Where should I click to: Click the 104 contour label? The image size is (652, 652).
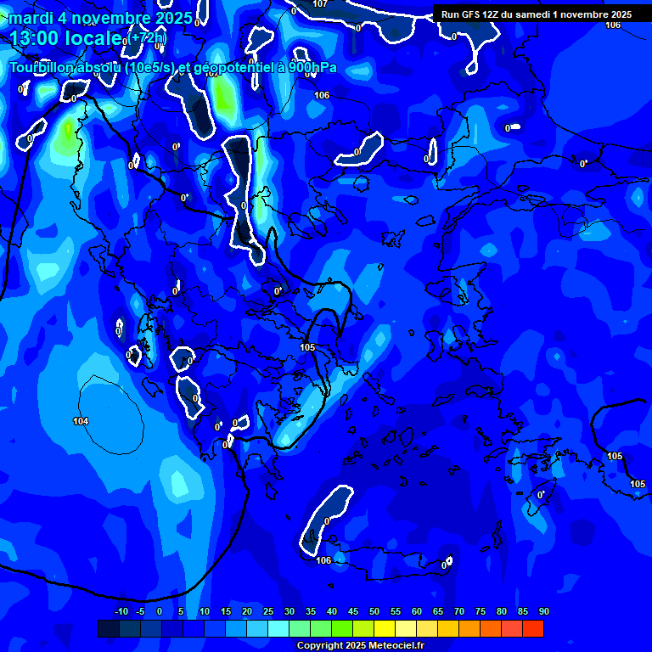point(81,421)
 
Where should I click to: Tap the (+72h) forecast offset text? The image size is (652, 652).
point(149,38)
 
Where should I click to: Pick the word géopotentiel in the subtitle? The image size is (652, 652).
point(231,68)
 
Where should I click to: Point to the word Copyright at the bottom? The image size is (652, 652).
point(321,645)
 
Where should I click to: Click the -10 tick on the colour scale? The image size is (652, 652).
point(121,612)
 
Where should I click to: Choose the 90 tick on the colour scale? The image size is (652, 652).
point(543,612)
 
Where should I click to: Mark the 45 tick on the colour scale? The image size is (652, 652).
point(352,612)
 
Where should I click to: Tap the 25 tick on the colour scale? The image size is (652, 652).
point(267,612)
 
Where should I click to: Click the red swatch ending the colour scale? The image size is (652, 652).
point(532,628)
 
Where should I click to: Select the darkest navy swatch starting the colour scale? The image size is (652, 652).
point(109,628)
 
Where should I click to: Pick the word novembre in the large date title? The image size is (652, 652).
point(110,18)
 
